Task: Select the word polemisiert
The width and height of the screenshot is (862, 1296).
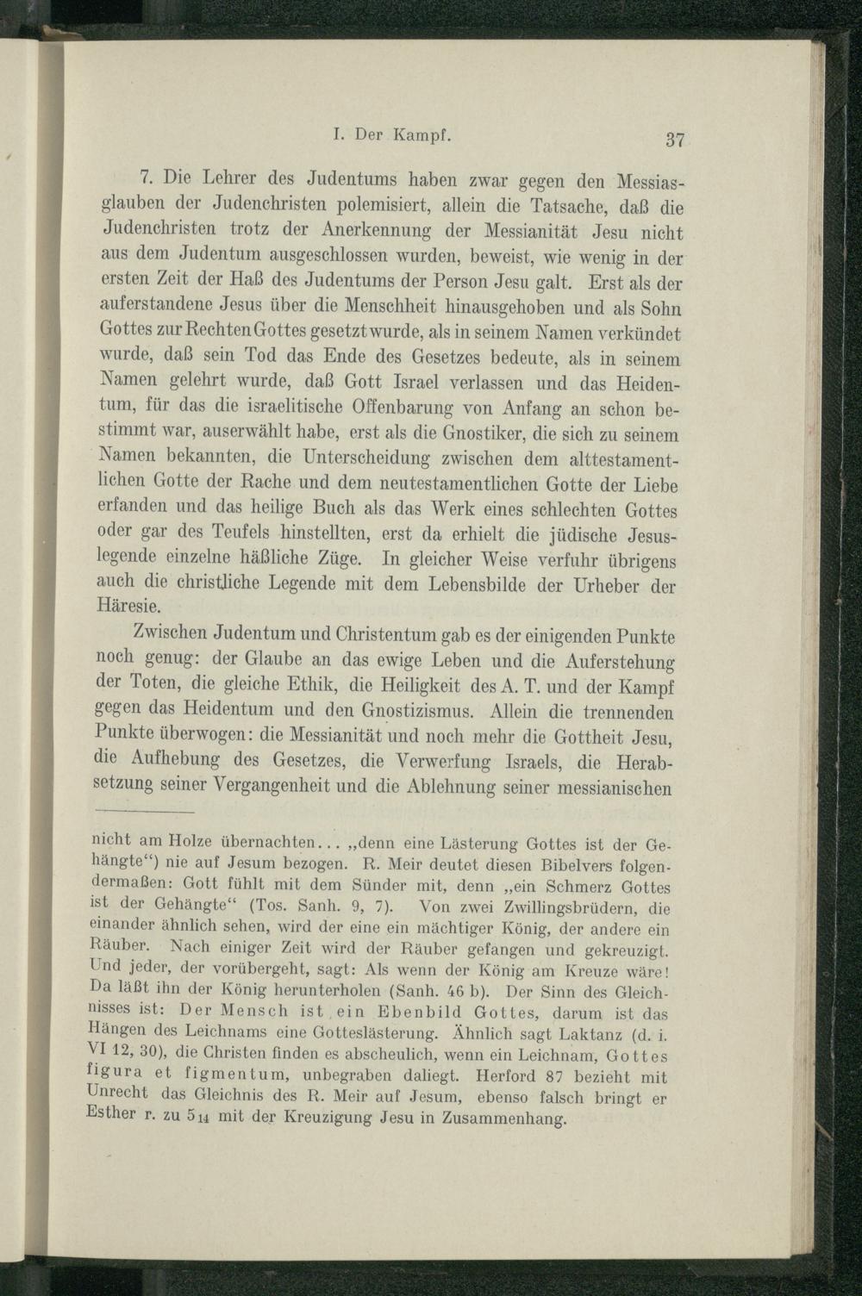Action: pos(381,207)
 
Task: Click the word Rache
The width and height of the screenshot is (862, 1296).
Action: pos(269,479)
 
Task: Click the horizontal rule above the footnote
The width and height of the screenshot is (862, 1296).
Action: pos(144,812)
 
